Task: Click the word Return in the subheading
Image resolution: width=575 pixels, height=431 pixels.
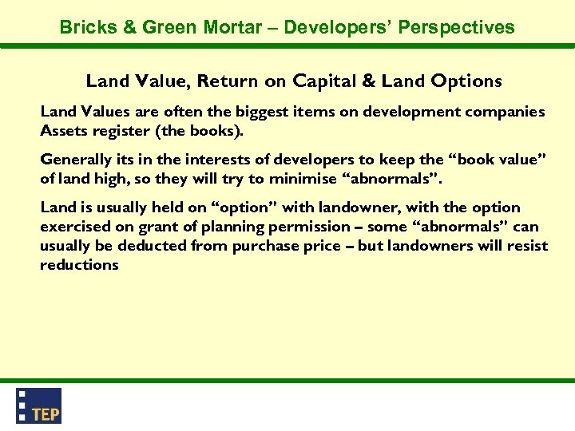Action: click(227, 81)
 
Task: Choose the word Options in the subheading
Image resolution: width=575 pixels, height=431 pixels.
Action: click(465, 81)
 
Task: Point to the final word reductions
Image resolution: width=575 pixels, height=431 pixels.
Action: click(79, 264)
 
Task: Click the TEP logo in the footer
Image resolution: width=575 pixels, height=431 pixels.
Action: click(39, 405)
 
